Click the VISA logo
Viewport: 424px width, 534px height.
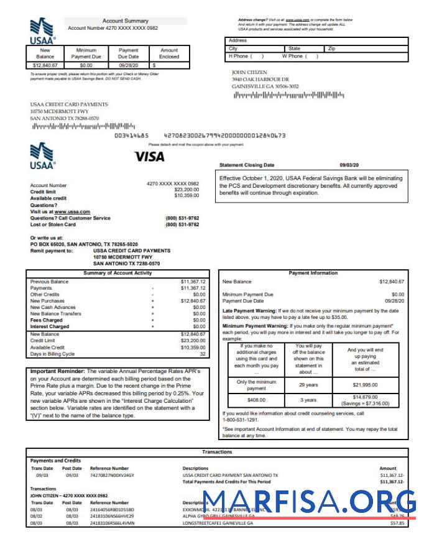(149, 157)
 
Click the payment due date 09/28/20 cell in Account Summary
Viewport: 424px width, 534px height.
(128, 64)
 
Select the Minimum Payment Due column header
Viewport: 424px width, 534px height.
(86, 53)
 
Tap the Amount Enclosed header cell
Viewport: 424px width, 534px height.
(169, 53)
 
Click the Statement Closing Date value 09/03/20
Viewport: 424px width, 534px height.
(349, 165)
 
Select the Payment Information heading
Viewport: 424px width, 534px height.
(313, 273)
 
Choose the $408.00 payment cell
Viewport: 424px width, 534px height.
(256, 400)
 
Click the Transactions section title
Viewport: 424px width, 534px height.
(217, 452)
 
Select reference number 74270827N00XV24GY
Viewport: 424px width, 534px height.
(112, 475)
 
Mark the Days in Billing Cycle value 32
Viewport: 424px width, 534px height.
(202, 354)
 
